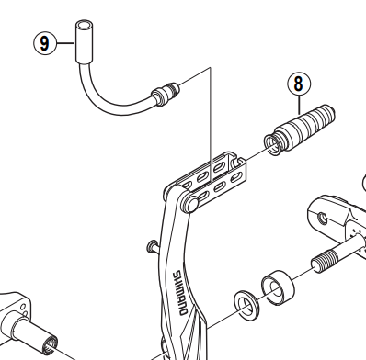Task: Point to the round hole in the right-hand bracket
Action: pyautogui.click(x=321, y=219)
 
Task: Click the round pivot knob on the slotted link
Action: pyautogui.click(x=191, y=204)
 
